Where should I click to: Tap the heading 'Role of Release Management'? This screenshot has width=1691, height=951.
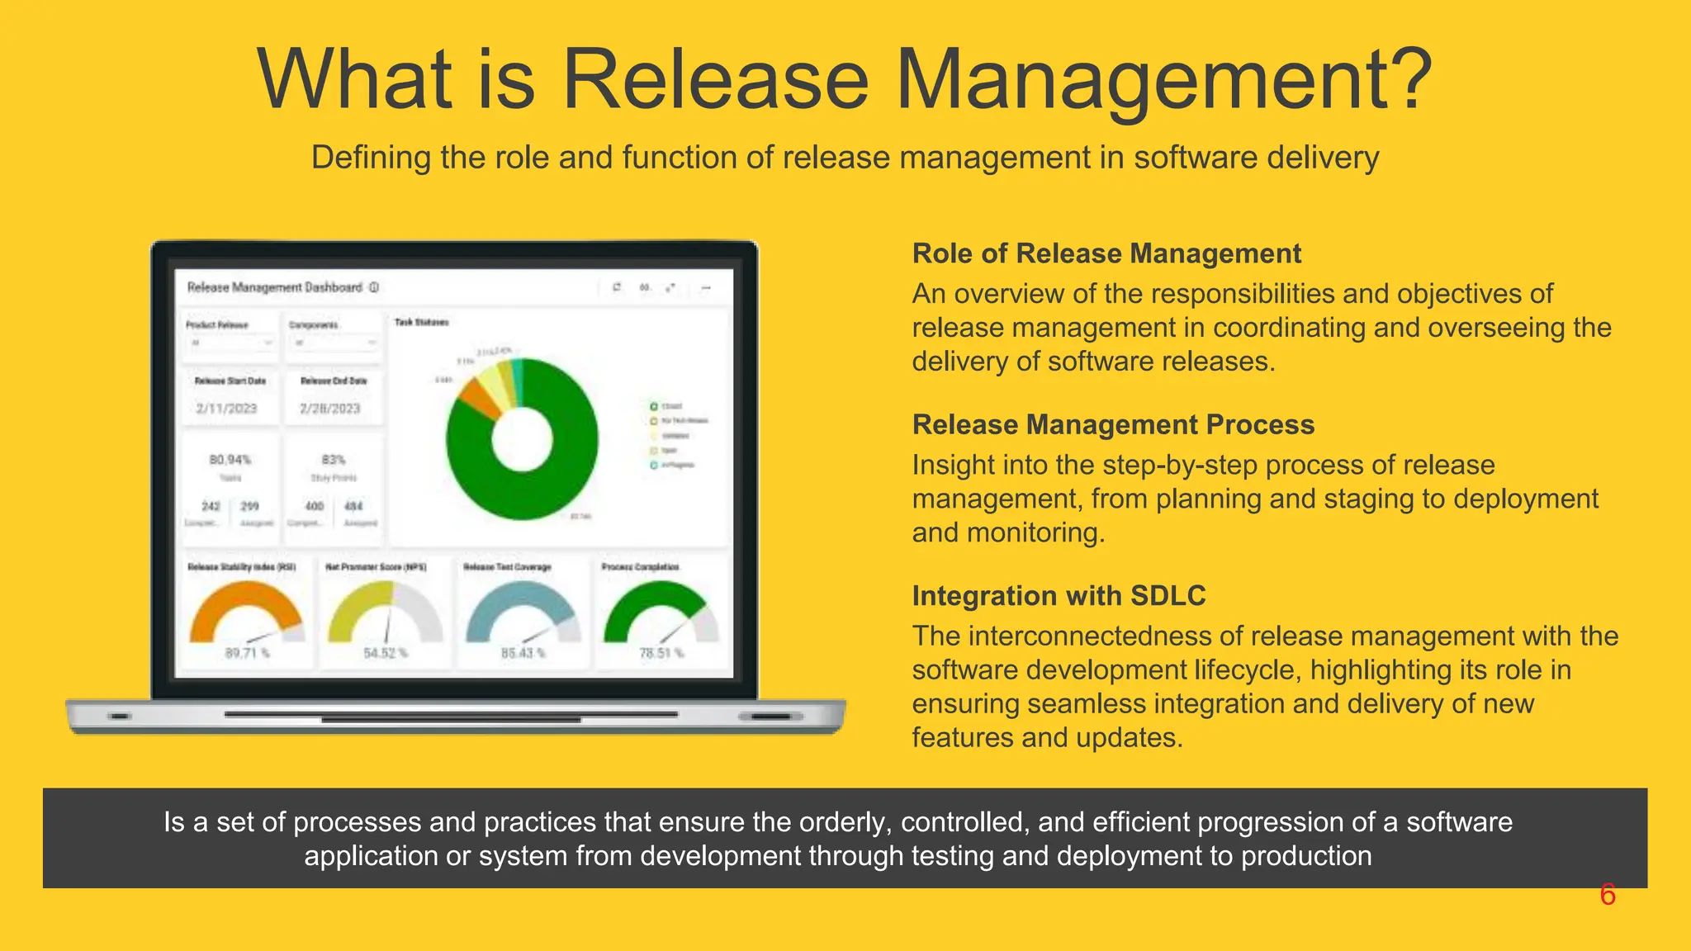(1106, 253)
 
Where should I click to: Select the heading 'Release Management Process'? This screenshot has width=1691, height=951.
(1113, 424)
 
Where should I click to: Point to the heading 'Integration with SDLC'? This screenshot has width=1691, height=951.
(1059, 595)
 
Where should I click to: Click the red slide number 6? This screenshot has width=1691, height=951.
(1607, 895)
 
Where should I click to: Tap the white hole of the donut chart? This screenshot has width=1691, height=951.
(522, 440)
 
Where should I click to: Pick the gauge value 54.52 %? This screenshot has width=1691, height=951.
(386, 653)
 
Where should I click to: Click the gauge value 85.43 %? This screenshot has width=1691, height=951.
(523, 653)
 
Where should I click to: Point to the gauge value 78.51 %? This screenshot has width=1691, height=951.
(661, 653)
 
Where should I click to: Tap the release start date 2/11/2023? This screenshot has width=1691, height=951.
(226, 409)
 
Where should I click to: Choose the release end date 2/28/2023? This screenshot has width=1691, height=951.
(330, 409)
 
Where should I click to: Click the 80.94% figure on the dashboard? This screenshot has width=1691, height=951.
(230, 460)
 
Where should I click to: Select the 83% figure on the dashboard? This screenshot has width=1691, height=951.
(334, 460)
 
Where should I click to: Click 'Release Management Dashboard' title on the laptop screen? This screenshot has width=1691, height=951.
(275, 287)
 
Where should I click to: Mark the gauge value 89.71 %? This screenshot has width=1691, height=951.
(247, 653)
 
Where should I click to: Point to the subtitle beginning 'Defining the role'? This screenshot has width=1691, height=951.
(845, 157)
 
